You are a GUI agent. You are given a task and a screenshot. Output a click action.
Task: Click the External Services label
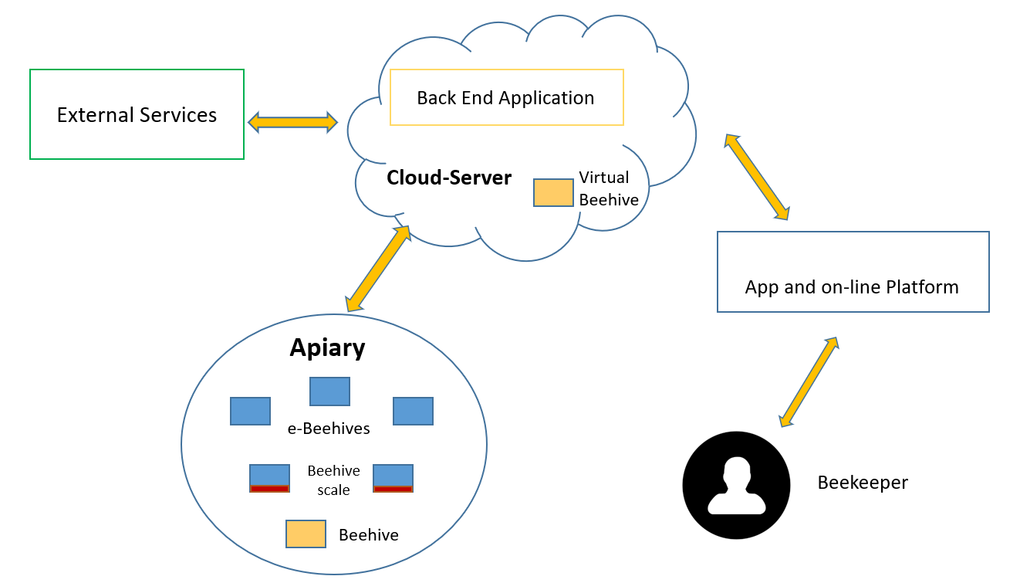137,115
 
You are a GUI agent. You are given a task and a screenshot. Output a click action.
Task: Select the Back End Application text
505,98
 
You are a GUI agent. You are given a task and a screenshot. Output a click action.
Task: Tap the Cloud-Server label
449,178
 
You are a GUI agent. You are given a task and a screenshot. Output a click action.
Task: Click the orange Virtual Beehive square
553,192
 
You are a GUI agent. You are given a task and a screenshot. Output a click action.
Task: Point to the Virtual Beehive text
608,188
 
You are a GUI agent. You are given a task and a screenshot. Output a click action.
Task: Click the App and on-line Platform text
852,287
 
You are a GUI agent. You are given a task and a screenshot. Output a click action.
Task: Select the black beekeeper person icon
736,485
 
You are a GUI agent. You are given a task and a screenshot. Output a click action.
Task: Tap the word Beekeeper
863,483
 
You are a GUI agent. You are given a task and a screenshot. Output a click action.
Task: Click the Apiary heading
327,348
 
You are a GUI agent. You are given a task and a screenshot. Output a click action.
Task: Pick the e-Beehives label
329,429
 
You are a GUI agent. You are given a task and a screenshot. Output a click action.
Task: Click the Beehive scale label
333,480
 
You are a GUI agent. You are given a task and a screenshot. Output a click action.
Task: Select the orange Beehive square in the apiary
306,534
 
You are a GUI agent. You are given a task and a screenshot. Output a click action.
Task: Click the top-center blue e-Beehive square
329,391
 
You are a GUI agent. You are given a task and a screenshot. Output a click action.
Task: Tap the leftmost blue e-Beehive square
250,411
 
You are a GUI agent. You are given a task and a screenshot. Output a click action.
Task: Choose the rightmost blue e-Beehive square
413,411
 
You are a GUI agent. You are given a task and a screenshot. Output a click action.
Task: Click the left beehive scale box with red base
269,479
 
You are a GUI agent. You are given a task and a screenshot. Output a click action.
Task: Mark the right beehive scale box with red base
393,479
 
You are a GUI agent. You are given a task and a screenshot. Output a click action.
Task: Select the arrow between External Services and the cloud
292,122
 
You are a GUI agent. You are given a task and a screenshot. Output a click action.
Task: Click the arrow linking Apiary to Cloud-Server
378,269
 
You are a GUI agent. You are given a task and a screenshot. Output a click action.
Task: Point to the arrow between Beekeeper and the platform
809,382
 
